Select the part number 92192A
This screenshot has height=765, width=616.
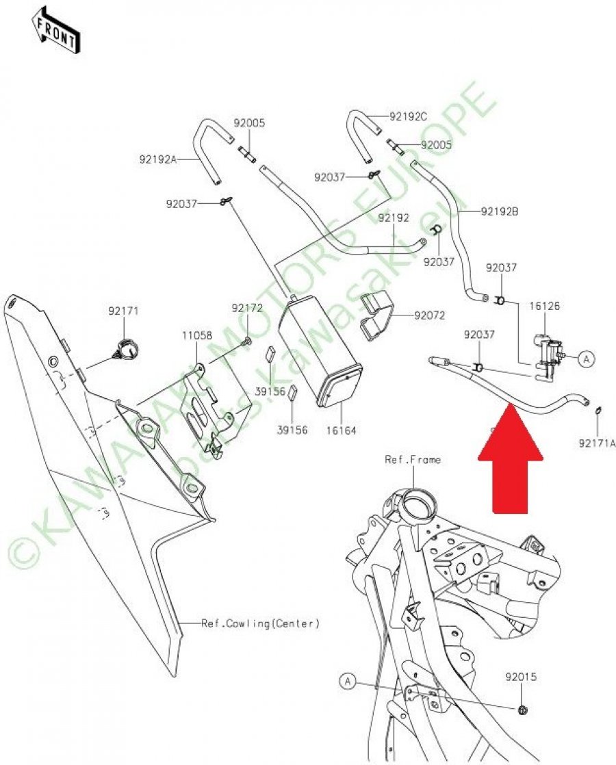[157, 159]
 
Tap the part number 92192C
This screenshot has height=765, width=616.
[408, 117]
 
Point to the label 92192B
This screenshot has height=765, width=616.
[499, 212]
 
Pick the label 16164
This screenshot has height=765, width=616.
[342, 430]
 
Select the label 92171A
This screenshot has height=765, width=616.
[597, 443]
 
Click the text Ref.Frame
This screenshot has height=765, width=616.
[412, 459]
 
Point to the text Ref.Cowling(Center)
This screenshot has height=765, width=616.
[260, 623]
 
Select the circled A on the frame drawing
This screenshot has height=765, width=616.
[348, 680]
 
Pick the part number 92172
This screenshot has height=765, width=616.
[246, 309]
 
